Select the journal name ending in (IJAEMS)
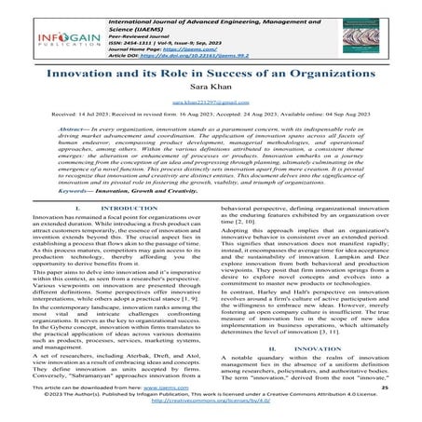(x=220, y=16)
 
